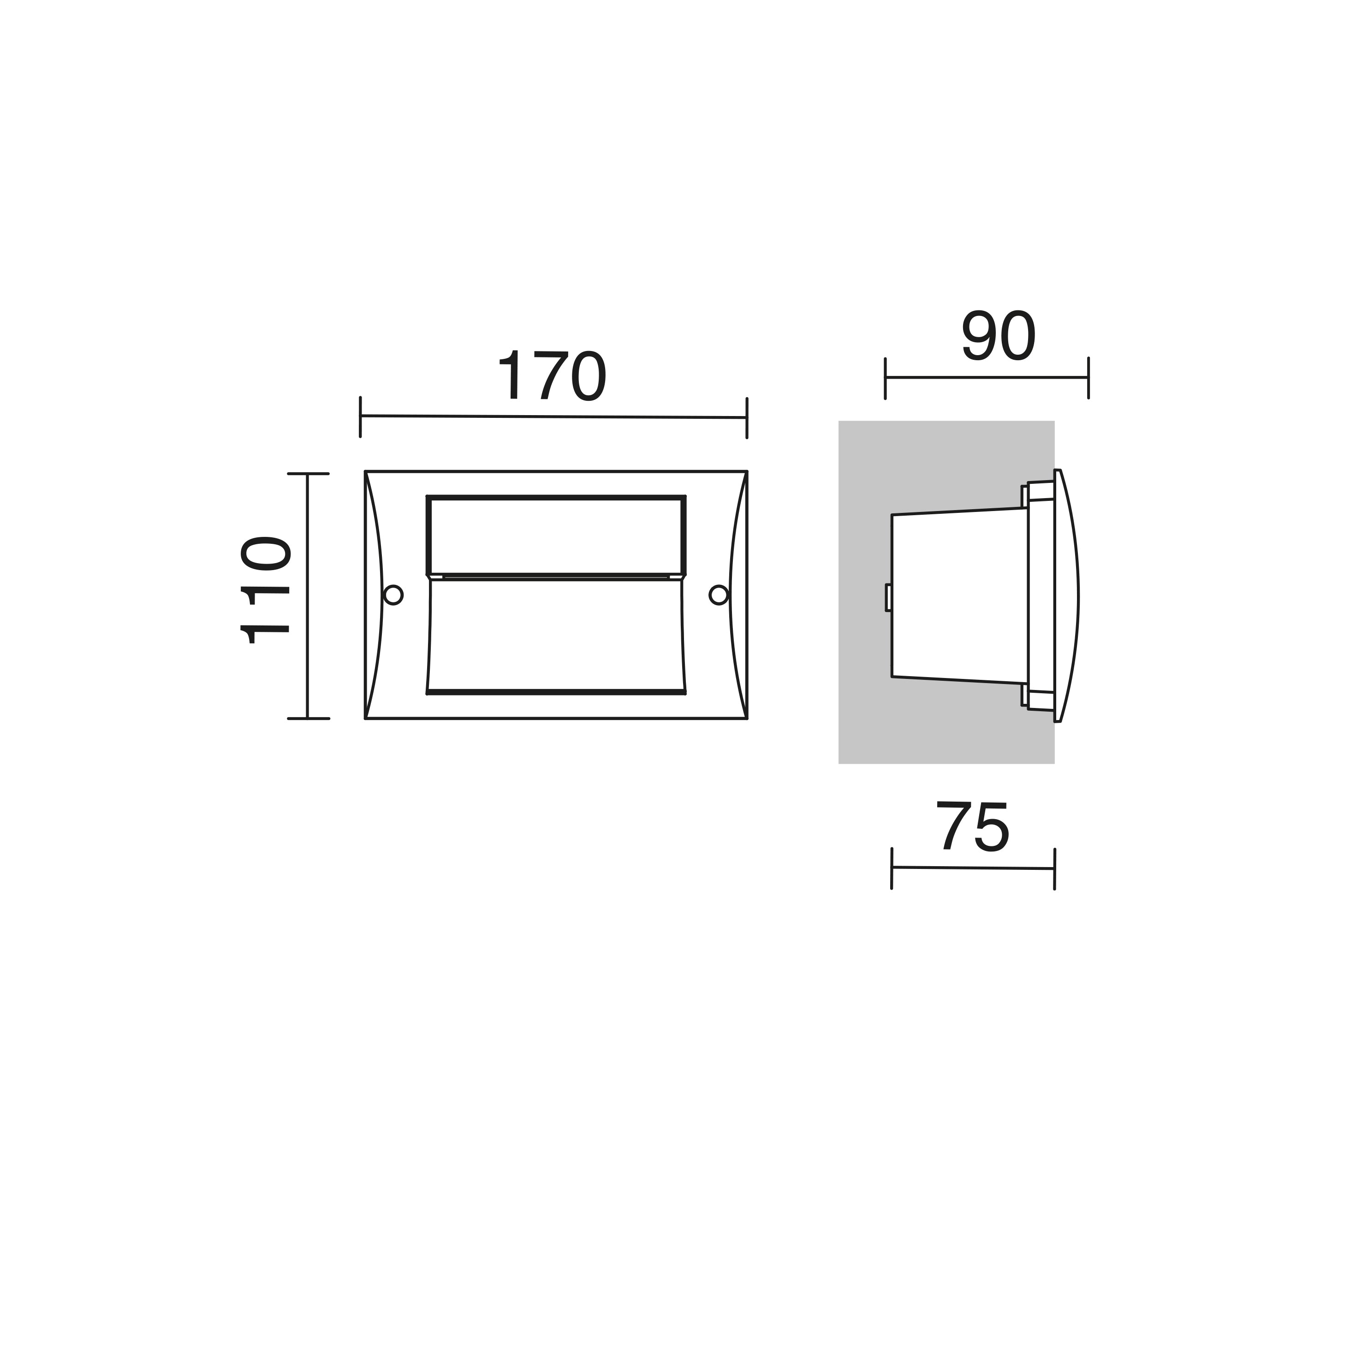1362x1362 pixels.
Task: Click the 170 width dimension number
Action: tap(552, 376)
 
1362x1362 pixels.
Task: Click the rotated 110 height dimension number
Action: tap(265, 591)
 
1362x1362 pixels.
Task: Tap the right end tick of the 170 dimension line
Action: tap(747, 418)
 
